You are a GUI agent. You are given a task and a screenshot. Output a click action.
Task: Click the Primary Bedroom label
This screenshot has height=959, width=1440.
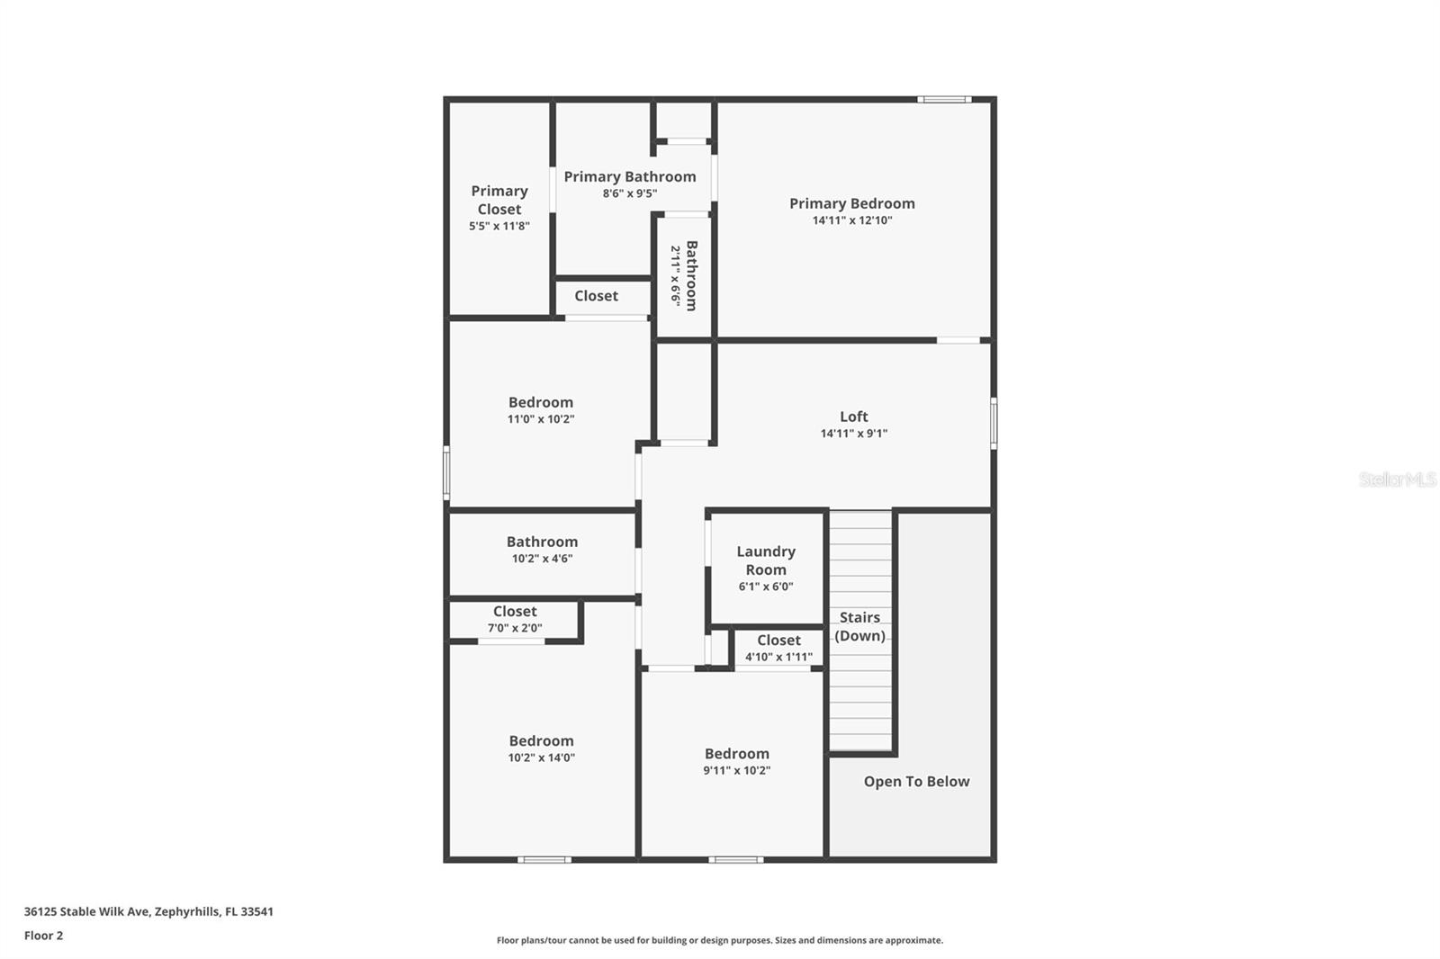(851, 203)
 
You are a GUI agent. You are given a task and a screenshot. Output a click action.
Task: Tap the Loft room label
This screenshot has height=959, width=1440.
(853, 417)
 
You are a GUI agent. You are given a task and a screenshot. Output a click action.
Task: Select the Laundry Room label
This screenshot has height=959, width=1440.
(766, 560)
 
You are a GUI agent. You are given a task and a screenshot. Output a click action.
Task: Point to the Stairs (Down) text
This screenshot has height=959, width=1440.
(859, 626)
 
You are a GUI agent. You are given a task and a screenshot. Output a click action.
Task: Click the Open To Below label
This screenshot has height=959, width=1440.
(916, 782)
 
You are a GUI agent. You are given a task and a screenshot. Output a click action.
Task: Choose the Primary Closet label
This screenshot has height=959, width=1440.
(499, 200)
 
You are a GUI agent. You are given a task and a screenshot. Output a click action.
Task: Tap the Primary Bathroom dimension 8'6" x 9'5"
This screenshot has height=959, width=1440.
(630, 193)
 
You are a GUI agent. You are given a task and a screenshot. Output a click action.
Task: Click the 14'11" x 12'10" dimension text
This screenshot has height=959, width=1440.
(851, 220)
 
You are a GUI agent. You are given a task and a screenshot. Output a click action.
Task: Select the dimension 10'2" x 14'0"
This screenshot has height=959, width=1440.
(541, 757)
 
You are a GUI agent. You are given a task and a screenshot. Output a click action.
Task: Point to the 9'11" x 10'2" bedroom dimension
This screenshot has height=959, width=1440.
(736, 770)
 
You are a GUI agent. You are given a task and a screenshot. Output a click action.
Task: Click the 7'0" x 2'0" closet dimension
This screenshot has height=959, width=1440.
(515, 628)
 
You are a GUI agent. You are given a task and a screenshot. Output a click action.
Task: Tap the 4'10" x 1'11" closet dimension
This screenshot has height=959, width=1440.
(778, 657)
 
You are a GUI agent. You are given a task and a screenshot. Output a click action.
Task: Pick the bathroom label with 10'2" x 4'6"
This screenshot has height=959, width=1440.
(542, 542)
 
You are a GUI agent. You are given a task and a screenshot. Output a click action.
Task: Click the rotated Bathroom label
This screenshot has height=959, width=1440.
(691, 275)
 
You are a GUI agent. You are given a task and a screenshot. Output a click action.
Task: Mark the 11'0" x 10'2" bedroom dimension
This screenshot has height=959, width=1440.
(540, 419)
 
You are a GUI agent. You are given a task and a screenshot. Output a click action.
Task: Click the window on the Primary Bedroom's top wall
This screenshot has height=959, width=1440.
(944, 99)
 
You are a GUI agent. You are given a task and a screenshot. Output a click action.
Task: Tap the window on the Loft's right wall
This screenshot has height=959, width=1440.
(994, 423)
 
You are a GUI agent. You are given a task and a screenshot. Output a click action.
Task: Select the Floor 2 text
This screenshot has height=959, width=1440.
(43, 936)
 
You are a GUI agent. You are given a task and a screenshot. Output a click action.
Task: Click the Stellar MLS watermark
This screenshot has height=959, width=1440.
(1397, 479)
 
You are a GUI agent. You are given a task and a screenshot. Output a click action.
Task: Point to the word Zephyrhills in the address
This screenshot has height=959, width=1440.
(186, 911)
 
